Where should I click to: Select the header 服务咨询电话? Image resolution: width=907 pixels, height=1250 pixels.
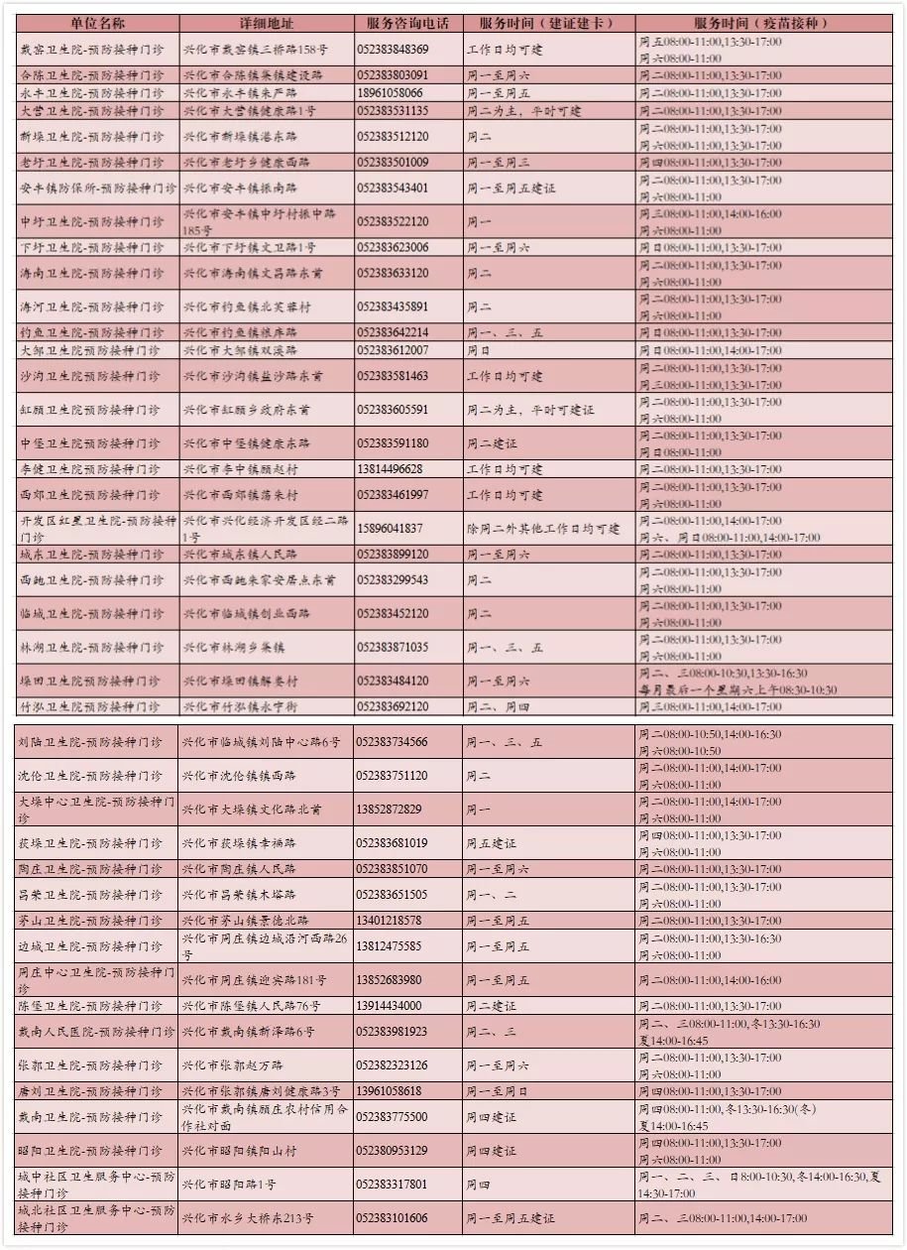[406, 23]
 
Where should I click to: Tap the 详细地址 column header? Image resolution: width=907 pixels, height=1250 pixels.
[266, 23]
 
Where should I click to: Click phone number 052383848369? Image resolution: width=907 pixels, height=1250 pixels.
[393, 50]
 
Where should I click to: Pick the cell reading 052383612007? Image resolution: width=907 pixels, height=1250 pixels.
[393, 351]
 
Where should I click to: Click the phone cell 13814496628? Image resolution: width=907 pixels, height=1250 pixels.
[390, 469]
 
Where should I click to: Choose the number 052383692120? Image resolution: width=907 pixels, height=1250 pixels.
[393, 707]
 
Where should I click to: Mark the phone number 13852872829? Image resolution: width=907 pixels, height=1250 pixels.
[390, 810]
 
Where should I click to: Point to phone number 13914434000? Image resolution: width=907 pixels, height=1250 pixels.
[390, 1006]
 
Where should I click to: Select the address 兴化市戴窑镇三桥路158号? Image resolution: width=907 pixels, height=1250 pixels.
[256, 50]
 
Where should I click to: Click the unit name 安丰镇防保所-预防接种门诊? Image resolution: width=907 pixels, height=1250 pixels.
[97, 187]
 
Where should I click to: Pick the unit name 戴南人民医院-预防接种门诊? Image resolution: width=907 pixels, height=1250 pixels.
[91, 1032]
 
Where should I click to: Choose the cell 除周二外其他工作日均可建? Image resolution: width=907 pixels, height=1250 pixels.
[543, 529]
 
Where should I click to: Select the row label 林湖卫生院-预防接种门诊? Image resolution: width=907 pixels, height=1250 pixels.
[91, 648]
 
